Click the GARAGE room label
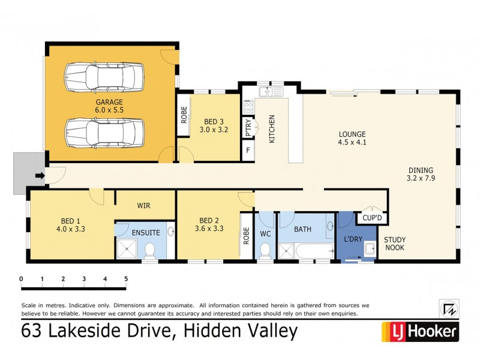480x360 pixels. pos(108,102)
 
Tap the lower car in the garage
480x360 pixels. pos(105,132)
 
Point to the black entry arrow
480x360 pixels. pos(40,176)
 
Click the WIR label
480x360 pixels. pos(143,205)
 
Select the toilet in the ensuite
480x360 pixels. pos(150,252)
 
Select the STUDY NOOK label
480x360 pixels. pos(395,243)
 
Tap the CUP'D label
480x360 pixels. pos(371,218)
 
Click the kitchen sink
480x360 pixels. pos(271,92)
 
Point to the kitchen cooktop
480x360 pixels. pos(248,107)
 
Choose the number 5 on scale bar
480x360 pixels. pos(126,279)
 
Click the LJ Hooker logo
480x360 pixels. pos(420,331)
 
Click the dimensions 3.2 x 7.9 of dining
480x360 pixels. pos(420,178)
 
